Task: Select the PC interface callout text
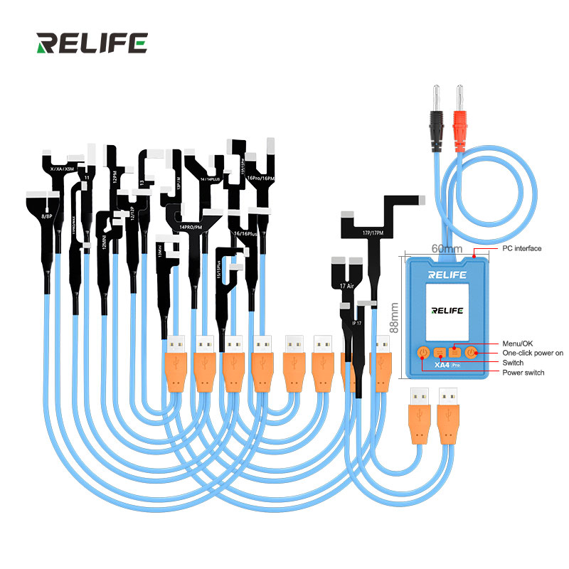coord(522,249)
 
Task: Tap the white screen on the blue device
coord(447,311)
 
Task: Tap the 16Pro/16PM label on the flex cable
coord(259,177)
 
